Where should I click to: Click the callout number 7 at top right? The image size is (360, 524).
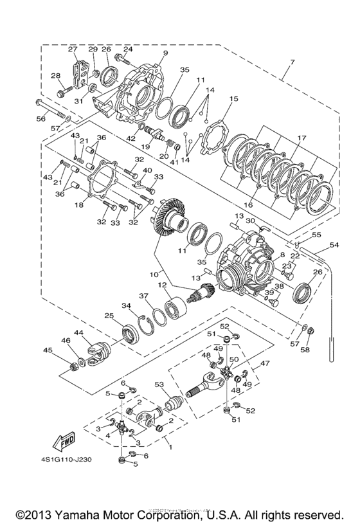[292, 62]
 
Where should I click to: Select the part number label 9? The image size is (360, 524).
[165, 53]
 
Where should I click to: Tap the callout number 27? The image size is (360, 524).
[73, 50]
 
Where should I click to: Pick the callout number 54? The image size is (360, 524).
[334, 246]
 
